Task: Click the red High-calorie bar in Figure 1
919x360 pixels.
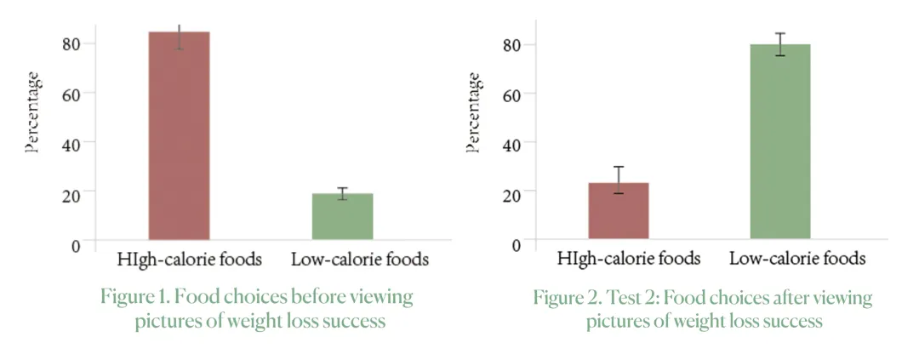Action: click(179, 136)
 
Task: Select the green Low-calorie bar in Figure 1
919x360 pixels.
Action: click(342, 217)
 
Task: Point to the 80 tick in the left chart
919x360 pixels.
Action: click(71, 43)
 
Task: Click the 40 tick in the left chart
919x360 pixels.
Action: click(71, 143)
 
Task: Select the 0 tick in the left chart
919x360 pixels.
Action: click(76, 245)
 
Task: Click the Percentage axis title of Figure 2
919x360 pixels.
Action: click(474, 112)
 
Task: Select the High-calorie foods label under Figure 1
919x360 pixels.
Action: click(190, 258)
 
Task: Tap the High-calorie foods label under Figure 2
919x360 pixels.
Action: click(629, 258)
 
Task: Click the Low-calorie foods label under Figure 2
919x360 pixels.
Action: click(797, 258)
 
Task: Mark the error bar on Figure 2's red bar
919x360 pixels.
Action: click(619, 180)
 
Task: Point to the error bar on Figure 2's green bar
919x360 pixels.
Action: click(779, 44)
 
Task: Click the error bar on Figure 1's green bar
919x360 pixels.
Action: click(342, 194)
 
